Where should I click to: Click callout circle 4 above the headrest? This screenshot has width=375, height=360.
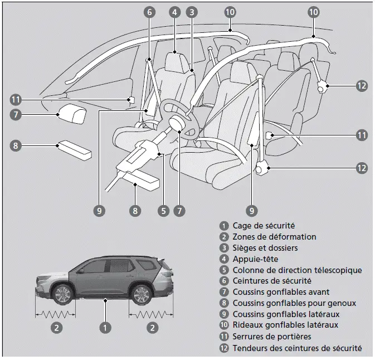(x=175, y=11)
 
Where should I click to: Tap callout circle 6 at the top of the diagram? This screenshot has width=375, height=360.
(x=149, y=11)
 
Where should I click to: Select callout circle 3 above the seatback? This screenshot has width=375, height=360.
(x=191, y=11)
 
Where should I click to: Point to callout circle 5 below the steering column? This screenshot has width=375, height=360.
(x=163, y=211)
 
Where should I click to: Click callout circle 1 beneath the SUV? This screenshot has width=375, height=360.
(x=104, y=328)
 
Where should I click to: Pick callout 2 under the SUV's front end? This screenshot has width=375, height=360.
(x=56, y=328)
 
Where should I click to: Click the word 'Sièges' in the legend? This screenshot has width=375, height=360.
(x=245, y=248)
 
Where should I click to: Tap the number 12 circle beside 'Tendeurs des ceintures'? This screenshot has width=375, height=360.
(x=224, y=348)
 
